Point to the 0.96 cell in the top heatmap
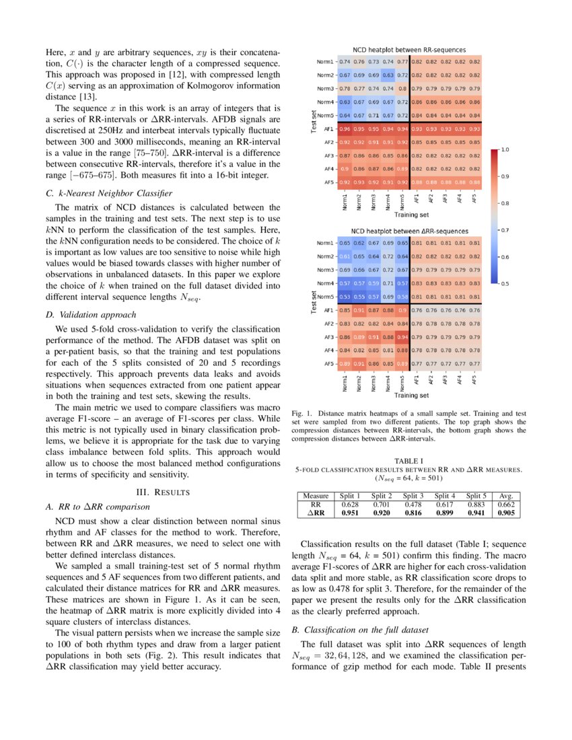point(345,128)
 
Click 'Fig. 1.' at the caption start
point(301,412)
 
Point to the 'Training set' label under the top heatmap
point(411,215)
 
